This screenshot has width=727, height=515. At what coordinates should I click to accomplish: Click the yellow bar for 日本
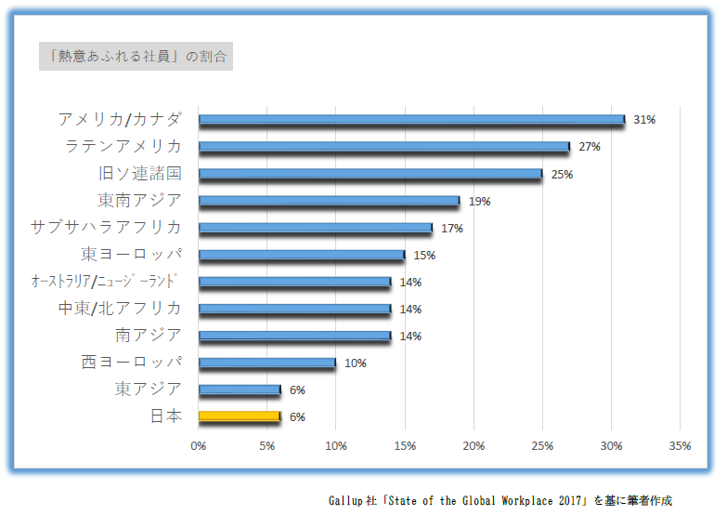[239, 416]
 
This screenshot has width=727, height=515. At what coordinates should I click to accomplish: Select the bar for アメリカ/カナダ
[411, 120]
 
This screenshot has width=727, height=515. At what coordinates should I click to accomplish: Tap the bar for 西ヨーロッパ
[267, 363]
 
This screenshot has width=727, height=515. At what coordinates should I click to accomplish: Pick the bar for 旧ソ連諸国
[370, 174]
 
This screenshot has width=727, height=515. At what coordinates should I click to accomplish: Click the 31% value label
[644, 120]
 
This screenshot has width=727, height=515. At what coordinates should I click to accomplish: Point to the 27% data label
[590, 147]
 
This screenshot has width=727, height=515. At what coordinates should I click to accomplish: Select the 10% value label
[356, 363]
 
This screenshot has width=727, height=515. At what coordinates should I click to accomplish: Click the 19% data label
[479, 201]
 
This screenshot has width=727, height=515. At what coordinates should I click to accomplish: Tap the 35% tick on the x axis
[680, 446]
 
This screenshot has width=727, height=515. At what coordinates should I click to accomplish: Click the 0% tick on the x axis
[199, 446]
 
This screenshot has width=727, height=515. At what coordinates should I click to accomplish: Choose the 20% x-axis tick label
[474, 446]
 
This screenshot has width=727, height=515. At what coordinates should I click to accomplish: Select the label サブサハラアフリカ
[106, 227]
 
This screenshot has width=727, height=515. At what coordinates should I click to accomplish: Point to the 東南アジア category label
[139, 200]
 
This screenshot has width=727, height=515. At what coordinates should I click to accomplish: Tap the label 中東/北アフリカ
[120, 308]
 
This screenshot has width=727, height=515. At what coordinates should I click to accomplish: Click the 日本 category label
[165, 416]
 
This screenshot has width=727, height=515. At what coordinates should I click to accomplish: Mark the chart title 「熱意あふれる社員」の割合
[136, 56]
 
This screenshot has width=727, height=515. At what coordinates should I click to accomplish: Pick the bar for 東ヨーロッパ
[302, 255]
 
